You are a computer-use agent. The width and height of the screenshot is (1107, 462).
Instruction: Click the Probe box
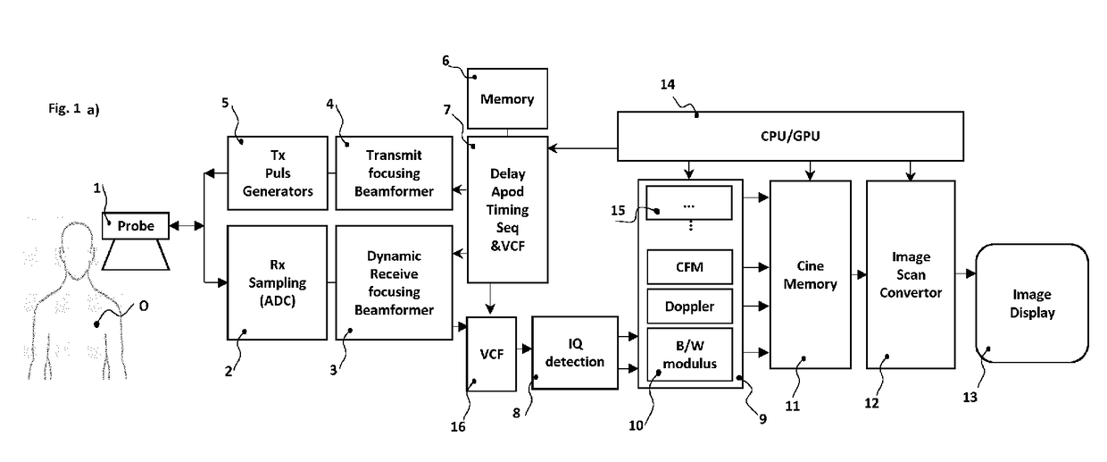pos(136,226)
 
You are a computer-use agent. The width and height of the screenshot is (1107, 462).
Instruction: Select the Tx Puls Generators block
pos(278,173)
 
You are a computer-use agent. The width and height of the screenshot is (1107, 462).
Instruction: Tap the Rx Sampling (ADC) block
pos(277,282)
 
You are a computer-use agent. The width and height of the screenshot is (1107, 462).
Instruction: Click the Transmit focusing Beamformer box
pos(394,173)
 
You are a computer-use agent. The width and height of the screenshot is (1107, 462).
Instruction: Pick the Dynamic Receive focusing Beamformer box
pos(394,282)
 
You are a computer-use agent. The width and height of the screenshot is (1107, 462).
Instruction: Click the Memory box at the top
pos(507,98)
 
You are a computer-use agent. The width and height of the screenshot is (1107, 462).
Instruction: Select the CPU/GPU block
pos(790,136)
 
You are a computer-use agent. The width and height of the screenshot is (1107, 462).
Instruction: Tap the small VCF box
pos(491,354)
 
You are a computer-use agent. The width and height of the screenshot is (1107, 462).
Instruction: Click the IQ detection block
pos(575,353)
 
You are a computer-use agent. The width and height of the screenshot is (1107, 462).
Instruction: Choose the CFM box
pos(689,267)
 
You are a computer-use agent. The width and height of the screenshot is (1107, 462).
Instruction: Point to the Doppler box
pos(689,307)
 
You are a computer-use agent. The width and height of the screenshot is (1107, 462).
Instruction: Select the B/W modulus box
pos(689,354)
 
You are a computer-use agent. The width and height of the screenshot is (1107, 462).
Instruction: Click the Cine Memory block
pos(810,274)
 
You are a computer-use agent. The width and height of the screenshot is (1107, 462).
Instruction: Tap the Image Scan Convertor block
pos(911,274)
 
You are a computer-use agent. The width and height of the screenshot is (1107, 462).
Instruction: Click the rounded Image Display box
pos(1032,303)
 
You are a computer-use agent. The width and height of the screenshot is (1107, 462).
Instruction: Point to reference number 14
pos(667,85)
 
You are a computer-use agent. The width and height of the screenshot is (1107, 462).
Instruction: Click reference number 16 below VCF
pos(458,426)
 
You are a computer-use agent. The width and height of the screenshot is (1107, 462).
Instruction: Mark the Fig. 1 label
pos(64,108)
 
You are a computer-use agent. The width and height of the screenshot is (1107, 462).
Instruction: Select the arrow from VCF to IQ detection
pos(524,349)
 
